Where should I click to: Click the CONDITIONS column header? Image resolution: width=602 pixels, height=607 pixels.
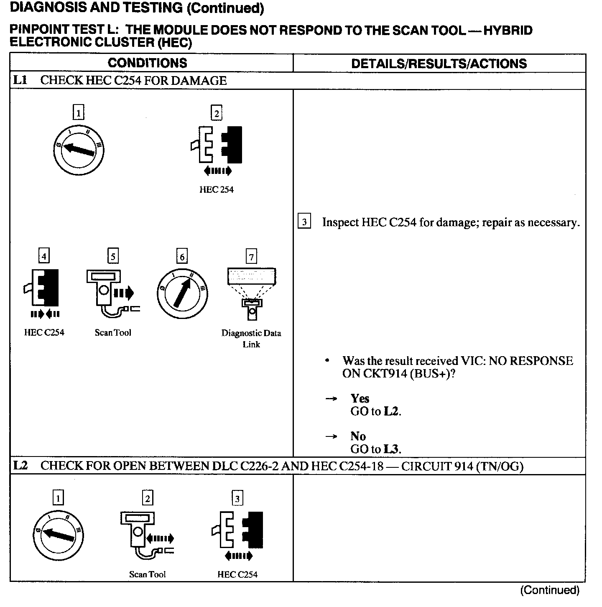pyautogui.click(x=147, y=63)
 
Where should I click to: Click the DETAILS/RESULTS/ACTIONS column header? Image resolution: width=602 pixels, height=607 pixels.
pyautogui.click(x=439, y=64)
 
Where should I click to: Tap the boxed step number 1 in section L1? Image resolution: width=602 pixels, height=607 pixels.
pyautogui.click(x=78, y=112)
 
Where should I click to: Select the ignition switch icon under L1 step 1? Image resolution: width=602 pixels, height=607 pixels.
pyautogui.click(x=79, y=149)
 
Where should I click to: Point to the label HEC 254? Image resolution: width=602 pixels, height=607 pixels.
pyautogui.click(x=216, y=190)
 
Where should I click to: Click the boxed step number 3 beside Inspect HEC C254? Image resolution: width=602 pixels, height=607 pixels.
pyautogui.click(x=304, y=222)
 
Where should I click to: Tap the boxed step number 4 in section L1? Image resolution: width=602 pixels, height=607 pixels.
pyautogui.click(x=43, y=255)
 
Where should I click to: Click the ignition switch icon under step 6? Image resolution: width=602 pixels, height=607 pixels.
pyautogui.click(x=182, y=293)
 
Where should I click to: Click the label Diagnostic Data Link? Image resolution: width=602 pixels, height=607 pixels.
pyautogui.click(x=251, y=339)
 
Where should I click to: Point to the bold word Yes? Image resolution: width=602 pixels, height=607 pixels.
pyautogui.click(x=360, y=398)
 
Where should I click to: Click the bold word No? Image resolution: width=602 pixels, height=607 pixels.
pyautogui.click(x=358, y=436)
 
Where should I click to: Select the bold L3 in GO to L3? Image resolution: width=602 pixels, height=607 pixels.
pyautogui.click(x=392, y=449)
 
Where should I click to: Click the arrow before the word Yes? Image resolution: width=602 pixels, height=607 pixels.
pyautogui.click(x=331, y=399)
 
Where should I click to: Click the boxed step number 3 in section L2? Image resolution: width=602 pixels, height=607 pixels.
pyautogui.click(x=237, y=498)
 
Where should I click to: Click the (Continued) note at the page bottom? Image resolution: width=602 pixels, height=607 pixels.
pyautogui.click(x=550, y=590)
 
